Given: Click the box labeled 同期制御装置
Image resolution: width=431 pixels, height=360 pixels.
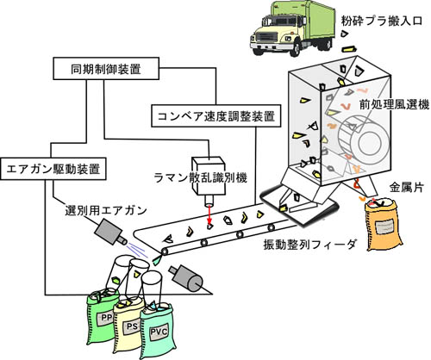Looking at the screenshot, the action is [106, 68].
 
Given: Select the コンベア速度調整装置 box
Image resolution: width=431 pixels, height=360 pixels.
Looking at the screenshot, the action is [216, 115].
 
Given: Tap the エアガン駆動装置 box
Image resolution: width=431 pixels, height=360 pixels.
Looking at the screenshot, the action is [53, 169].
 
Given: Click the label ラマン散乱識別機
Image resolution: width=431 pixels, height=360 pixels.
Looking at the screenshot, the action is [201, 178].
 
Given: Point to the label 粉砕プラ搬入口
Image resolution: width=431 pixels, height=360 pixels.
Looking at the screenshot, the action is [382, 21].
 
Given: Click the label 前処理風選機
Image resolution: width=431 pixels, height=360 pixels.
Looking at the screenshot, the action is [394, 104].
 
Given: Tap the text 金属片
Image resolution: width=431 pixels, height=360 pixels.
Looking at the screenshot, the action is [406, 187].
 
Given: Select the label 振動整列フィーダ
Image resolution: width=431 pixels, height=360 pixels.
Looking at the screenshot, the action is [309, 245].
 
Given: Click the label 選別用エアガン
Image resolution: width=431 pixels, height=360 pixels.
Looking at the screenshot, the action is [106, 210].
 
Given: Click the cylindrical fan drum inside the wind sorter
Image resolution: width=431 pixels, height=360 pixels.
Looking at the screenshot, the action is [363, 140].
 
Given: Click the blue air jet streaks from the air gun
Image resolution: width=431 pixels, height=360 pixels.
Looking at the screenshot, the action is [137, 249].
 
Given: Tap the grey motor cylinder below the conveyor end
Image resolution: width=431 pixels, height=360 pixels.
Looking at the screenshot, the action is [187, 277].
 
